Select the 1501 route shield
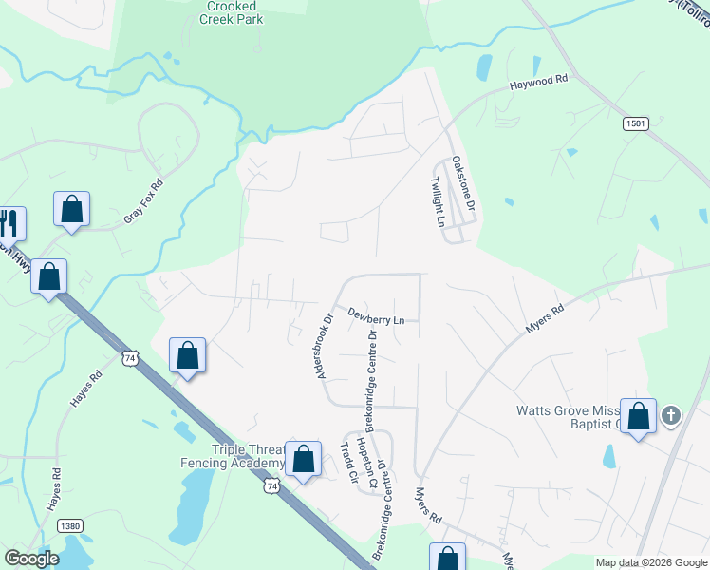(636, 123)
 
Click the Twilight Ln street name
(438, 201)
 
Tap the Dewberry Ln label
(376, 315)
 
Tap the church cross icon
(671, 414)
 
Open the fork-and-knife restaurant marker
(10, 223)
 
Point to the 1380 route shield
(70, 525)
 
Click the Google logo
(31, 559)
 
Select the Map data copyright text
(650, 562)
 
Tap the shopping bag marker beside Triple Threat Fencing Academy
(304, 460)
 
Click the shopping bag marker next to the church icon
(639, 416)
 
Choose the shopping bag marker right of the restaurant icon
(71, 209)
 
